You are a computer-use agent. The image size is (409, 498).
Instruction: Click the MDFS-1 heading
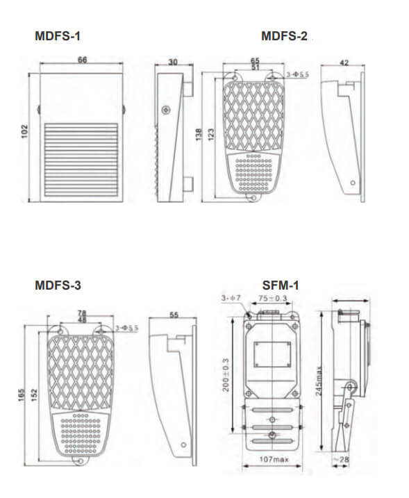pyautogui.click(x=62, y=36)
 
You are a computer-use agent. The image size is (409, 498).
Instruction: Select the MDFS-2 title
pyautogui.click(x=284, y=36)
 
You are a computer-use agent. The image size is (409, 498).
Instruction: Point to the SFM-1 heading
pyautogui.click(x=281, y=285)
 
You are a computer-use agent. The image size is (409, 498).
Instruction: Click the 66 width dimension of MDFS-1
pyautogui.click(x=82, y=61)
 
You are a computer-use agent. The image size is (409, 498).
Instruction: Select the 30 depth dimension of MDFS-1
pyautogui.click(x=172, y=62)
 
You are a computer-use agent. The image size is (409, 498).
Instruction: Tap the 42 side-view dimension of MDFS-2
pyautogui.click(x=344, y=62)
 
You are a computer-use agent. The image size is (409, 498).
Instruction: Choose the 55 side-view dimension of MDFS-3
pyautogui.click(x=174, y=315)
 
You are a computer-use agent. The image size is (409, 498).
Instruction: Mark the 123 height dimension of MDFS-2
pyautogui.click(x=210, y=132)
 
